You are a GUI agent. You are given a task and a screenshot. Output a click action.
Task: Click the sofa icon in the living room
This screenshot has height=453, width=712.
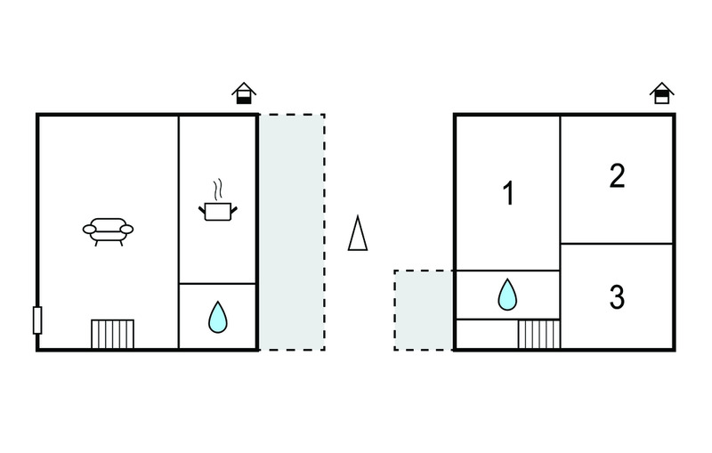coord(108,231)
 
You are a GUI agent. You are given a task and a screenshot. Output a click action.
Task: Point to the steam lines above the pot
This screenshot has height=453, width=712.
coord(218,189)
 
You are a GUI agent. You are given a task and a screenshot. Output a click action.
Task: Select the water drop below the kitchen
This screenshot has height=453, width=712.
coord(218,317)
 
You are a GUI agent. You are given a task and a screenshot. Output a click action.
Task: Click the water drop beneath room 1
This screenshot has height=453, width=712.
coord(507,295)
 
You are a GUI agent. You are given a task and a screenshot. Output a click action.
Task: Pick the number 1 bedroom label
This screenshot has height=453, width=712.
coord(508,193)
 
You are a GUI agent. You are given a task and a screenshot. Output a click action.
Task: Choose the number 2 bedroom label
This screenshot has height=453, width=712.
coord(617,175)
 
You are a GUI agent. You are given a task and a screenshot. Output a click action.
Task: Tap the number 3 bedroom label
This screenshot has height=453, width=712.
coord(617,297)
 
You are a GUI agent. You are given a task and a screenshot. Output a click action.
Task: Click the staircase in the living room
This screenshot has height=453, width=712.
coord(113,334)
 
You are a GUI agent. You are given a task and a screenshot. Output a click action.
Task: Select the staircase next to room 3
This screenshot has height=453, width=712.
coord(539,334)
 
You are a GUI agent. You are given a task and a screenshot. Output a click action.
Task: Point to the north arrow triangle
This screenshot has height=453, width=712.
coord(358,233)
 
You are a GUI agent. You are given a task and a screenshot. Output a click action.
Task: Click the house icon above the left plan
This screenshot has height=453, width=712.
coord(244,93)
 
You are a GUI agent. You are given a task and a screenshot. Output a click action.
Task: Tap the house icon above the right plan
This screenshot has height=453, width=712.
coord(662,93)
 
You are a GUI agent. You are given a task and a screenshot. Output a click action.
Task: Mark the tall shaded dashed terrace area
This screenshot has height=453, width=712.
coord(292,232)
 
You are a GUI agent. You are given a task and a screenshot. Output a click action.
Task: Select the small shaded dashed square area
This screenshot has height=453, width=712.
coord(424,310)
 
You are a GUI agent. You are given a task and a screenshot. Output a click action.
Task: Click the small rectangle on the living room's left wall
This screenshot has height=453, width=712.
coord(37,320)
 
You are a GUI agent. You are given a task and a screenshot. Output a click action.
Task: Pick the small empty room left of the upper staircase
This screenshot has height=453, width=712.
coord(487,334)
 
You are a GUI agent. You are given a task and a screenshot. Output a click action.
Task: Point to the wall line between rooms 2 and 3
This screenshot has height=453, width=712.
coord(617,244)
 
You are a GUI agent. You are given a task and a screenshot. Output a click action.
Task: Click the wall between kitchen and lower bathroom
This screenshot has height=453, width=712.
coord(217,284)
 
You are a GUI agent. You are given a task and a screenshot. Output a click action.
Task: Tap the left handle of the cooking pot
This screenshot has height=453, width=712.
coord(202,210)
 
